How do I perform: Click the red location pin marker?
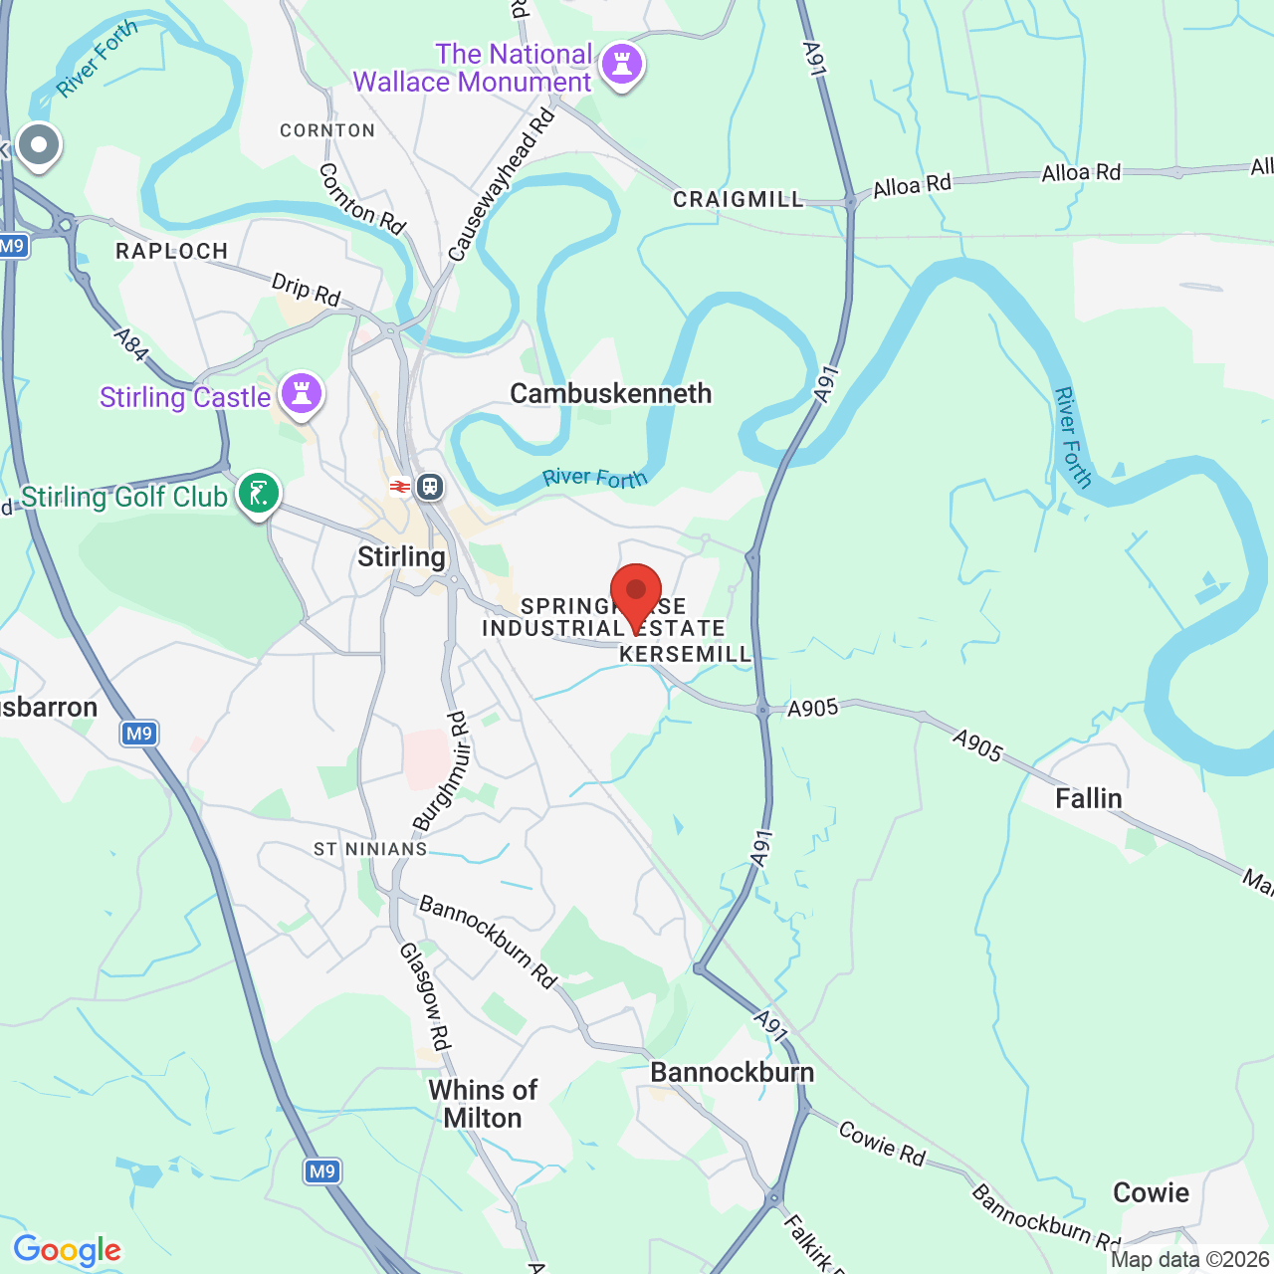coord(636,592)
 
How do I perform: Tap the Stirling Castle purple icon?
coord(302,393)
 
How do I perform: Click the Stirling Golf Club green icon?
coord(259,493)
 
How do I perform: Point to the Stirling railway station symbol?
coord(430,487)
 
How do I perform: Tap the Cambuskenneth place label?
coord(610,393)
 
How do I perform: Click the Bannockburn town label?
coord(732,1072)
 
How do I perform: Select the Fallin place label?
coord(1088,798)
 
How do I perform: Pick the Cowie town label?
coord(1151,1192)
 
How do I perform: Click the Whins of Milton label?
coord(483,1104)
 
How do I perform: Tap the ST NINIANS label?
coord(370,849)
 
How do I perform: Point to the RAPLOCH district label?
coord(171,251)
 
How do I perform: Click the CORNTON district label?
coord(327,130)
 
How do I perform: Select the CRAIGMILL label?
coord(738,199)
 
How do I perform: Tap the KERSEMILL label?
coord(685,654)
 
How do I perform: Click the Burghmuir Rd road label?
coord(442,772)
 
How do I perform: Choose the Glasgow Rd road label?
coord(426,996)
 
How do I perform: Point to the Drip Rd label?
coord(306,291)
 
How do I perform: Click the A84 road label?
coord(131,344)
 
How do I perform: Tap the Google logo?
coord(68,1250)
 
